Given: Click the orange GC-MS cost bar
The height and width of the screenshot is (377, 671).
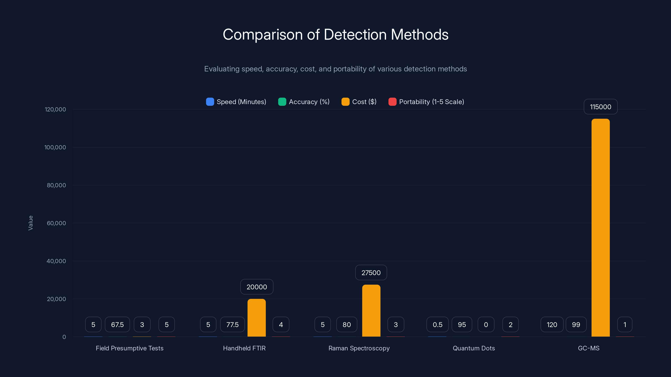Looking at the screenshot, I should click(600, 228).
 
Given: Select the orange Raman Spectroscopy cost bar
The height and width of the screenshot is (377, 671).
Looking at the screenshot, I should click(371, 311).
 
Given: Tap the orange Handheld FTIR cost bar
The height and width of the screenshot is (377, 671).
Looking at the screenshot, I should click(257, 318).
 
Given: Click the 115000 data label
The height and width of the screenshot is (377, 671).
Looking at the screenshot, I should click(600, 107).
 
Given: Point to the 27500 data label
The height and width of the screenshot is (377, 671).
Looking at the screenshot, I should click(371, 272).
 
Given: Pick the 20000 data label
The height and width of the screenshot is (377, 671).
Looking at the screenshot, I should click(257, 287).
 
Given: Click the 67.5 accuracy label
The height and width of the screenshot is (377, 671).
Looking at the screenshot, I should click(117, 324).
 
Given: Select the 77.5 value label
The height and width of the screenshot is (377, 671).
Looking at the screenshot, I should click(232, 324).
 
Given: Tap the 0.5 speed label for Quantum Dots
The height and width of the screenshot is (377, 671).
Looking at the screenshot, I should click(437, 324).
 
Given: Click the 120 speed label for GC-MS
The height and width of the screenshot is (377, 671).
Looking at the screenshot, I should click(552, 324).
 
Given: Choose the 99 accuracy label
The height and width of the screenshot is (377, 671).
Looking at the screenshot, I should click(576, 324).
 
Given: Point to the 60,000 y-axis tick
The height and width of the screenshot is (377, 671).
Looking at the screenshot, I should click(56, 223).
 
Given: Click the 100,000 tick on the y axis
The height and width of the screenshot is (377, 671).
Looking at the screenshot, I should click(55, 147).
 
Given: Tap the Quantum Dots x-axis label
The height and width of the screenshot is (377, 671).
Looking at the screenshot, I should click(473, 348).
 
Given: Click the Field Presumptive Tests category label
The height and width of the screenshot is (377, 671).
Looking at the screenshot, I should click(129, 348).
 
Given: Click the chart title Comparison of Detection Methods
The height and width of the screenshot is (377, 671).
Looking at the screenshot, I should click(335, 34).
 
